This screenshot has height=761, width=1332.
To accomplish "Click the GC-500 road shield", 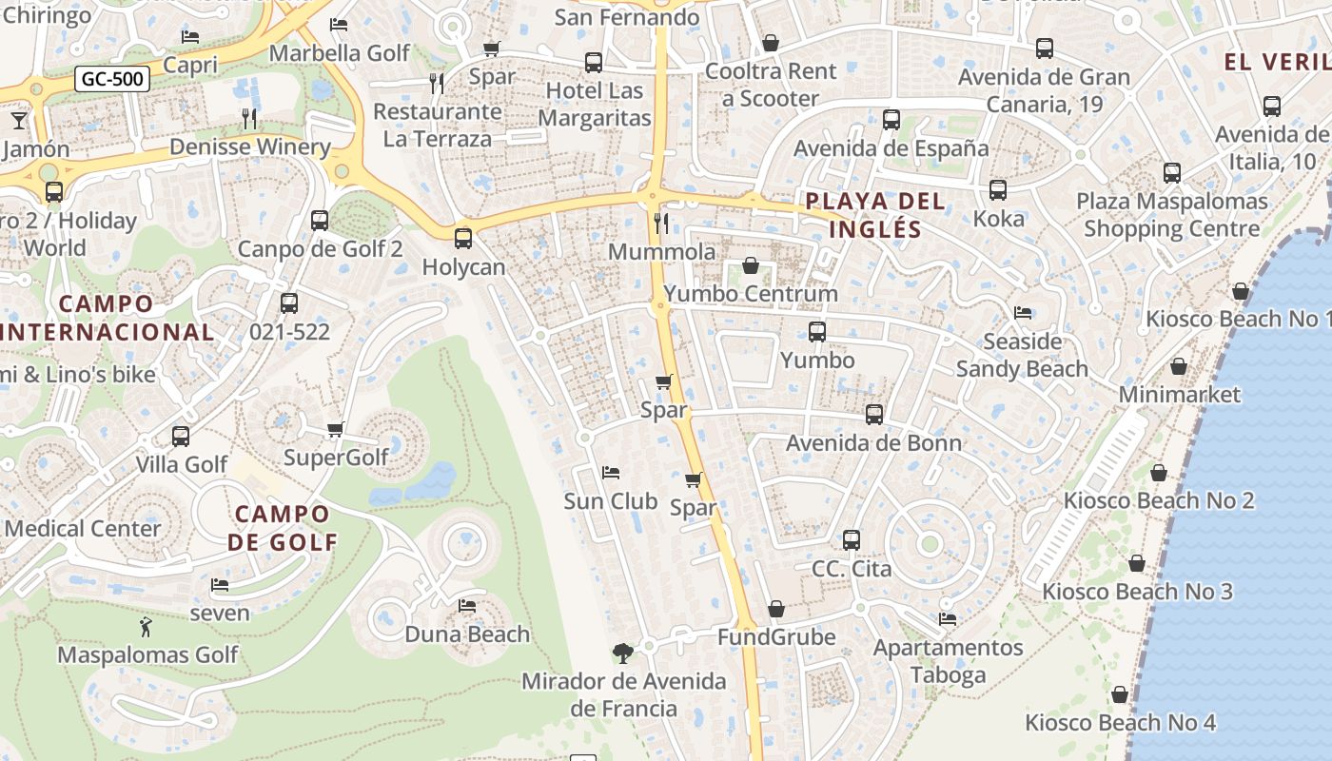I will point(112,79).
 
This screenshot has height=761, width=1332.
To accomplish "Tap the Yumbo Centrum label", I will point(751,293).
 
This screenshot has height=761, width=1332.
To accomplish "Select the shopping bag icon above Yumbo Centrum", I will point(750,265).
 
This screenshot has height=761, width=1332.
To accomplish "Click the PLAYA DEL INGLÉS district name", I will point(875,215).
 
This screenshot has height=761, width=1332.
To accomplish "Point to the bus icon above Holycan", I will point(463,239).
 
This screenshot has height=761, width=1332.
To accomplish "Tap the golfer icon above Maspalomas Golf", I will point(146,627).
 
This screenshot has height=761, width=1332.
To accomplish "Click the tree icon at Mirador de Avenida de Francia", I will point(623,654).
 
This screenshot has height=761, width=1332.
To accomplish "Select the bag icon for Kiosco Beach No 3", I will point(1136,564).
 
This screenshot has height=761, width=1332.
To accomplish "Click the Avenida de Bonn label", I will point(873,442).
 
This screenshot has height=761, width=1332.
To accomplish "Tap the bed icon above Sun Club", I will point(611,473).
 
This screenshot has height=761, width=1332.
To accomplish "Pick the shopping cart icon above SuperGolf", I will point(335,430).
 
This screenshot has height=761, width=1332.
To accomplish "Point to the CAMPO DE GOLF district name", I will point(283,528).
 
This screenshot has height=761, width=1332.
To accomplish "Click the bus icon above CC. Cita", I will point(852,540).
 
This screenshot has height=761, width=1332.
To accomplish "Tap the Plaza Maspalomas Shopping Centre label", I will point(1171,215).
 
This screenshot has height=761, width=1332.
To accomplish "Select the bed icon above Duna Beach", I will point(467,605).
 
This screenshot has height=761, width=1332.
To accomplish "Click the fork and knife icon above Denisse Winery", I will point(249,119).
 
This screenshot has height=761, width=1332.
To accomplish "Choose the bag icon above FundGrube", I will point(776,609).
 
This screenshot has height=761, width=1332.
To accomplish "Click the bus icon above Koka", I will point(998,190).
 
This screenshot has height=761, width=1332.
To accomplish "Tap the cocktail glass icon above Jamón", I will point(18,121).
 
